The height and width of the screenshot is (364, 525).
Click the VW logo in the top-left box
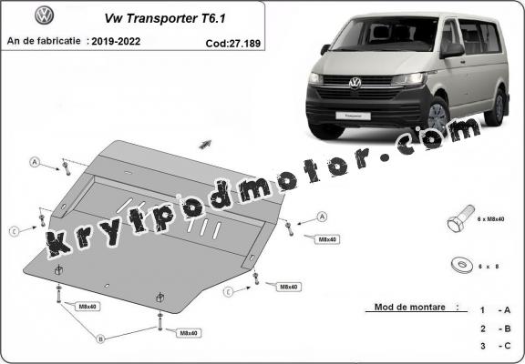point(44,16)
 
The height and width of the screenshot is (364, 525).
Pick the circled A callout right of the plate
point(322,217)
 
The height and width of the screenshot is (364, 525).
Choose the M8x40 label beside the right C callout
point(289,287)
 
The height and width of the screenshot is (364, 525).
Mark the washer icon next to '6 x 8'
point(458,266)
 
